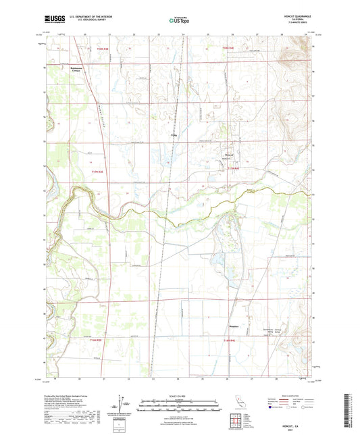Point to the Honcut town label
coord(230,159)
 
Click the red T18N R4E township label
coord(234,49)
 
